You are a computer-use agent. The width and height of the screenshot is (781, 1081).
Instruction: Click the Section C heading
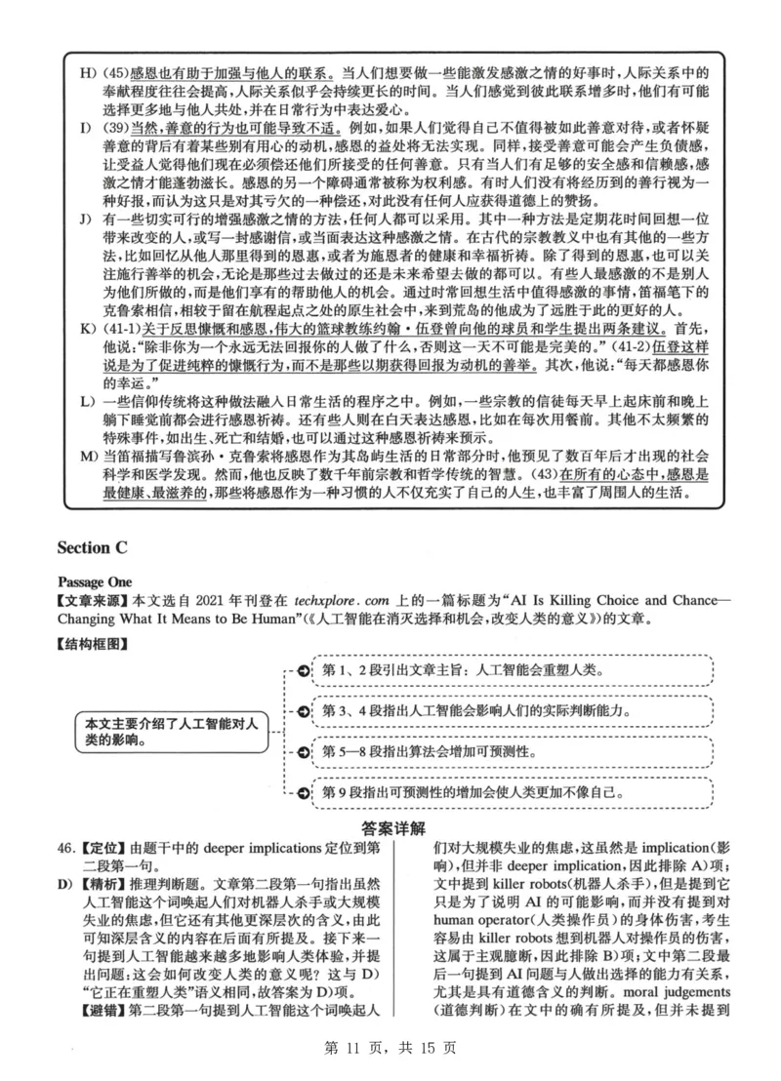pos(97,548)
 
